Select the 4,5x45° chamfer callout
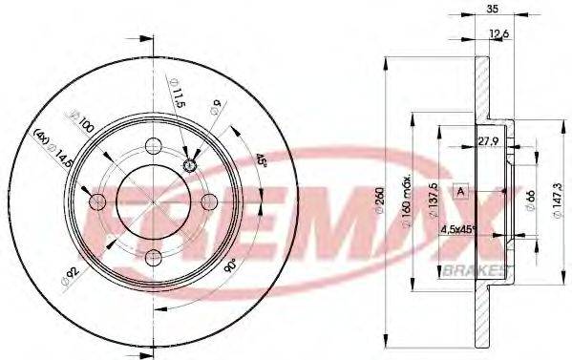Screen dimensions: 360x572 point(458,229)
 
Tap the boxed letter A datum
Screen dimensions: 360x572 point(460,191)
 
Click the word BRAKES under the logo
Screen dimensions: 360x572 point(475,271)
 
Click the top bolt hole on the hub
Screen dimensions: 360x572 point(153,146)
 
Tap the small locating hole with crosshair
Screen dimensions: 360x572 point(189,164)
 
